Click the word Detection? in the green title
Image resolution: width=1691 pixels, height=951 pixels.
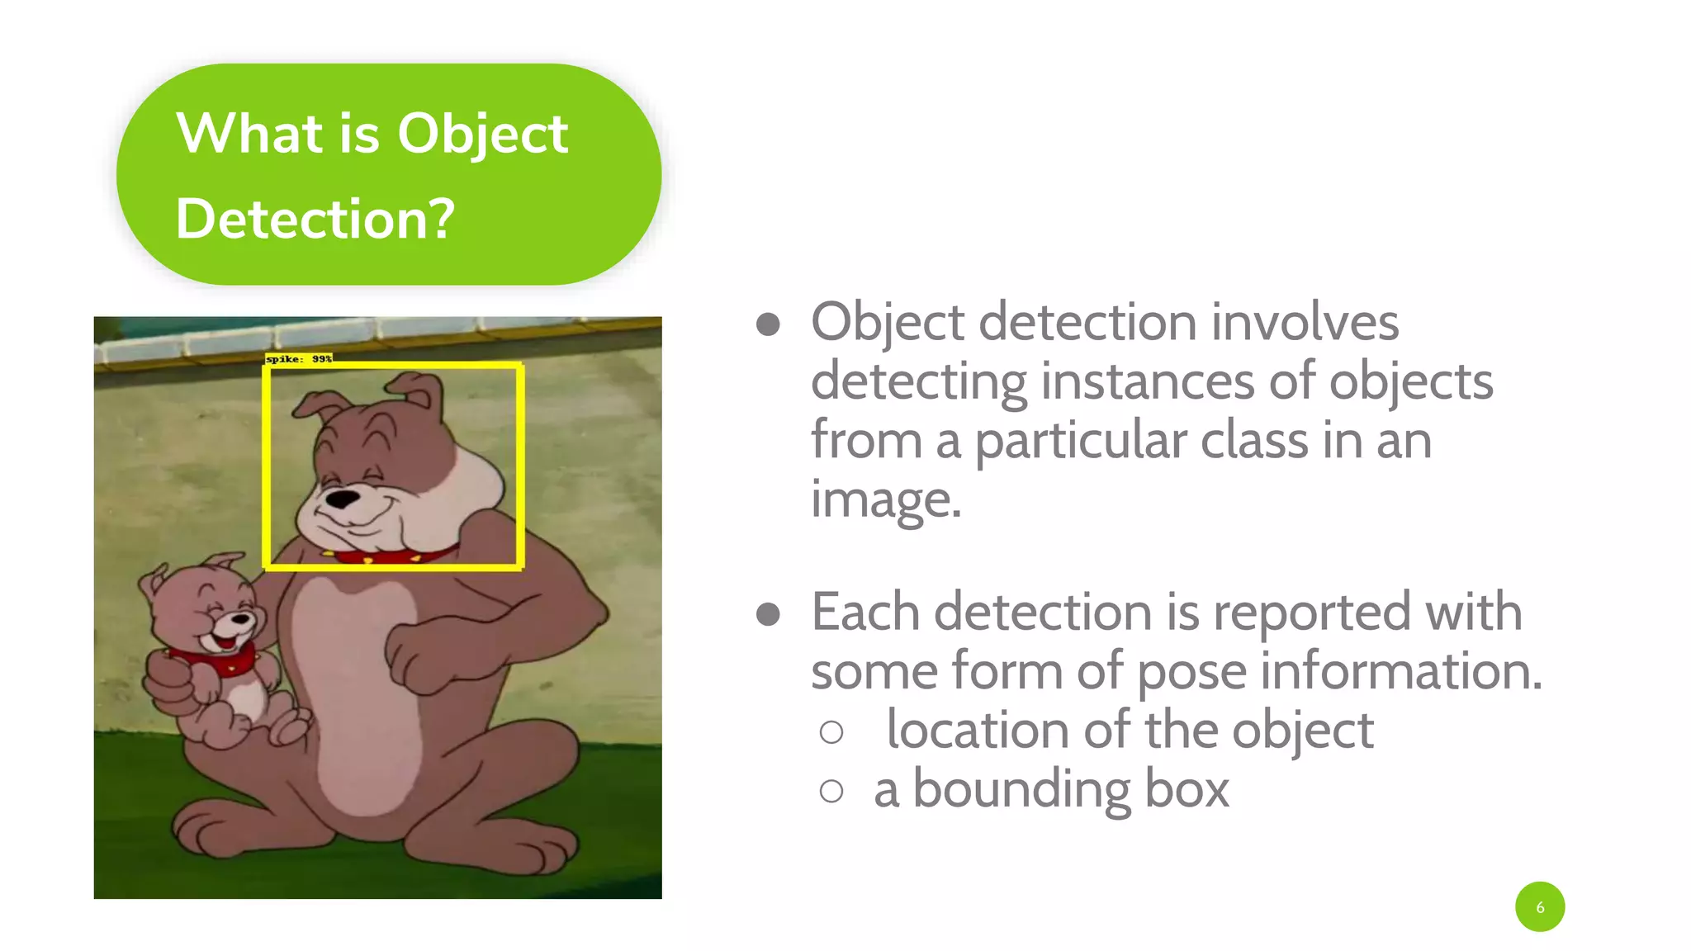[x=315, y=220]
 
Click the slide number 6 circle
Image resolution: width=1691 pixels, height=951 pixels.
[x=1539, y=906]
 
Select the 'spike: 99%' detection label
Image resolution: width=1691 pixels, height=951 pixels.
[x=298, y=358]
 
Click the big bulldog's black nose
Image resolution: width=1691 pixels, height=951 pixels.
[x=343, y=499]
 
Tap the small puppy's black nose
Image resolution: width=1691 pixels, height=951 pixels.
[x=242, y=617]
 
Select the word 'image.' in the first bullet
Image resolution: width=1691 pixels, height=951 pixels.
[x=886, y=500]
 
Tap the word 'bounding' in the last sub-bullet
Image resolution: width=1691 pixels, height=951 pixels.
[x=1022, y=790]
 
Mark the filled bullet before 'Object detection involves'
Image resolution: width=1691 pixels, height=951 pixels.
[x=768, y=324]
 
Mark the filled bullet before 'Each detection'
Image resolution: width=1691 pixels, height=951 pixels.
[x=768, y=614]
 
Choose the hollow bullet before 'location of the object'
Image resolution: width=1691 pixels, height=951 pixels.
[x=831, y=732]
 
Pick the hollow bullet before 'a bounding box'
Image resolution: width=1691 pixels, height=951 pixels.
[x=831, y=792]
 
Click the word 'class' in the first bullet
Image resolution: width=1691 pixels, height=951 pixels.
[x=1253, y=441]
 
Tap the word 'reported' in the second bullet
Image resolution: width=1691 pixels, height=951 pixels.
[x=1312, y=613]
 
